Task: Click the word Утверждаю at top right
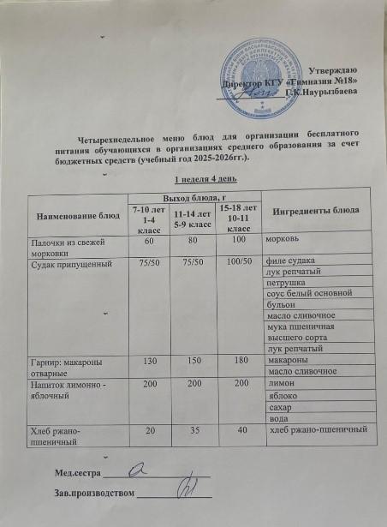tap(338, 69)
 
